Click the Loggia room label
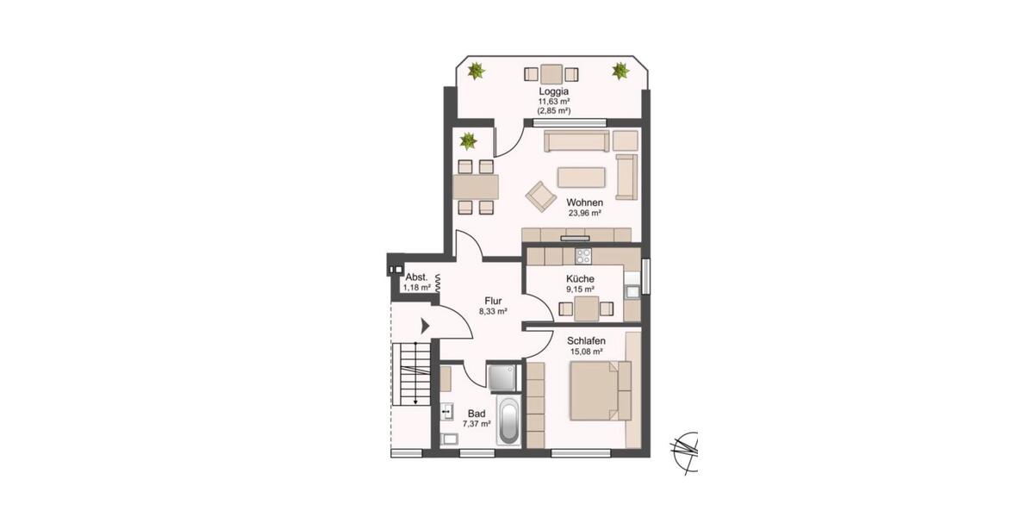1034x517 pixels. point(553,90)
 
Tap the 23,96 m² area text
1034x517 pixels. point(583,213)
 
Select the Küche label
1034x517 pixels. point(581,279)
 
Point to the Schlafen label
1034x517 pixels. point(586,340)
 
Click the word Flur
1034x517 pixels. point(492,301)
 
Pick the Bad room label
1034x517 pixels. point(476,413)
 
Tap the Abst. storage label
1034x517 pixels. point(416,277)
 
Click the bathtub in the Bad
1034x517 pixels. point(508,422)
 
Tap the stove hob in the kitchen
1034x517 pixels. point(583,255)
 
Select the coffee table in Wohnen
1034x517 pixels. point(582,177)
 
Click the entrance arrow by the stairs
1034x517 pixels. point(426,327)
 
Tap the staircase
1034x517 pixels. point(412,373)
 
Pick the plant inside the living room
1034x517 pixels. point(468,140)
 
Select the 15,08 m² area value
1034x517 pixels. point(586,352)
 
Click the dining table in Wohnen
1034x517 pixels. point(476,186)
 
